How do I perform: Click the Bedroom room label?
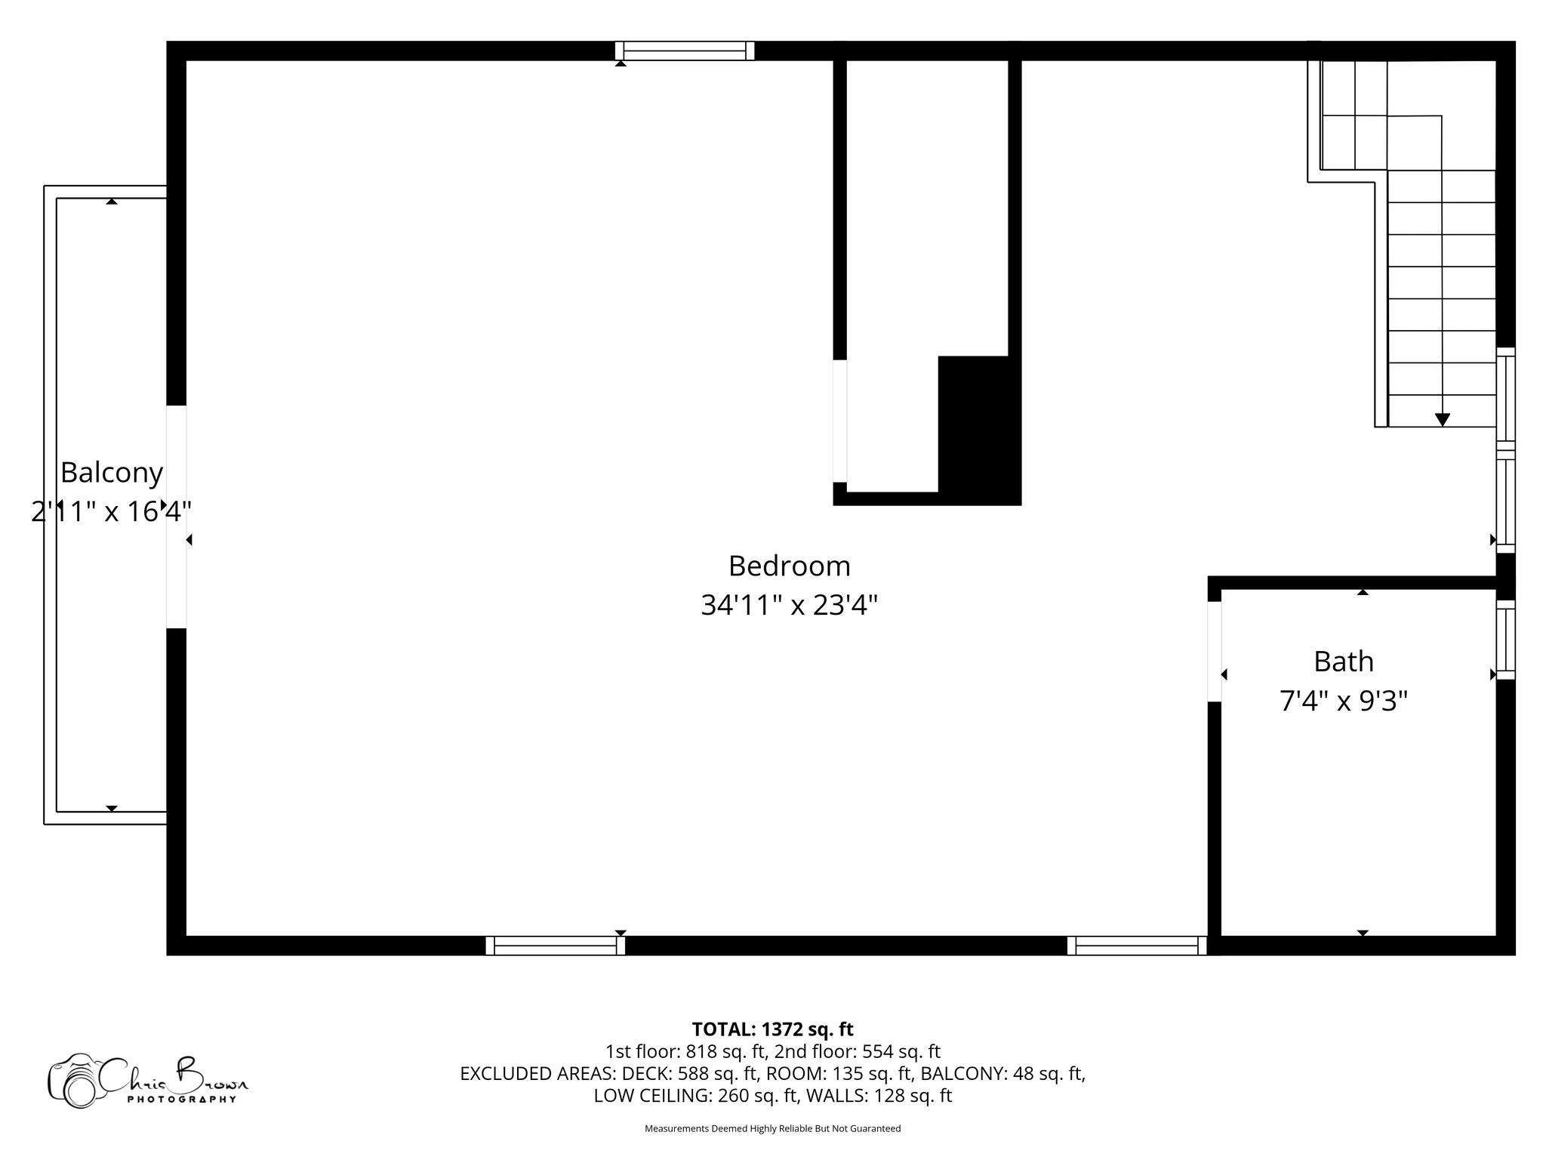tap(789, 566)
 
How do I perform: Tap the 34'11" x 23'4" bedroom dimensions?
tap(789, 605)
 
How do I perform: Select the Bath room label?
tap(1343, 662)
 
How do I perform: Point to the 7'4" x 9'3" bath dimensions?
tap(1343, 702)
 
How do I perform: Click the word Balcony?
tap(112, 473)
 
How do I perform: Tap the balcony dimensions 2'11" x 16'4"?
tap(112, 512)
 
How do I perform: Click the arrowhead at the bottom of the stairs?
tap(1442, 420)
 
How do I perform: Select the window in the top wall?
tap(685, 51)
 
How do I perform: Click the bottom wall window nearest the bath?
tap(1136, 946)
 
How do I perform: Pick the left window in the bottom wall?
tap(555, 946)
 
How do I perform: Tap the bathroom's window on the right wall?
tap(1505, 640)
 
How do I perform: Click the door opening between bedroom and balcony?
tap(176, 517)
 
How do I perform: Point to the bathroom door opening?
tap(1215, 651)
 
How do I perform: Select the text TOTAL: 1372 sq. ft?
tap(772, 1029)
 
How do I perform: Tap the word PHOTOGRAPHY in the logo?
tap(181, 1100)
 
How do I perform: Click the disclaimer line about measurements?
tap(772, 1129)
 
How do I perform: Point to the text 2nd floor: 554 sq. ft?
tap(858, 1051)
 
